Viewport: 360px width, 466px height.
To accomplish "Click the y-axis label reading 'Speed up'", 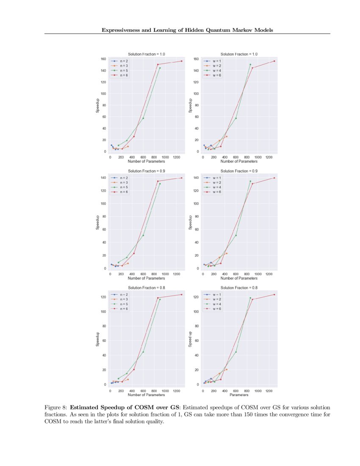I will [x=190, y=339].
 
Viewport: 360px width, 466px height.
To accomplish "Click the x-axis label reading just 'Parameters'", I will [x=239, y=395].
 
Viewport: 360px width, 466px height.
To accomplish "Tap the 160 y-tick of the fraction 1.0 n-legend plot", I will [x=103, y=59].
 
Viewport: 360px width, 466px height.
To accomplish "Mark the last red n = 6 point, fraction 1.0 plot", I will [x=181, y=61].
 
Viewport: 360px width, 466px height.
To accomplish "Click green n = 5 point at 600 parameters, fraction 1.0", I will [x=143, y=118].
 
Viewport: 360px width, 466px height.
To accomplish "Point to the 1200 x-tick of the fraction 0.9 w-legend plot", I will [x=269, y=274].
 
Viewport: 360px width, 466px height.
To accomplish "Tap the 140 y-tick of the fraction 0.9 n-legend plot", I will [x=103, y=178].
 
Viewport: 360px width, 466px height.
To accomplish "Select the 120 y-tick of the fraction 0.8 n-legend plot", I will [x=103, y=297].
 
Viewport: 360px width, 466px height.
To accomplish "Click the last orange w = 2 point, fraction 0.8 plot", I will [x=227, y=369].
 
